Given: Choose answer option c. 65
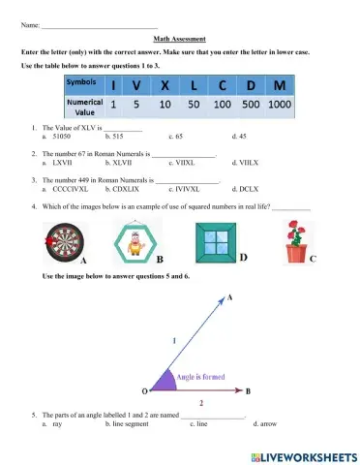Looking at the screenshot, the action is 175,138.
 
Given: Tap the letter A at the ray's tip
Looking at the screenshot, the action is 230,299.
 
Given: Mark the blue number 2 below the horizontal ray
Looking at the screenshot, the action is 200,401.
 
